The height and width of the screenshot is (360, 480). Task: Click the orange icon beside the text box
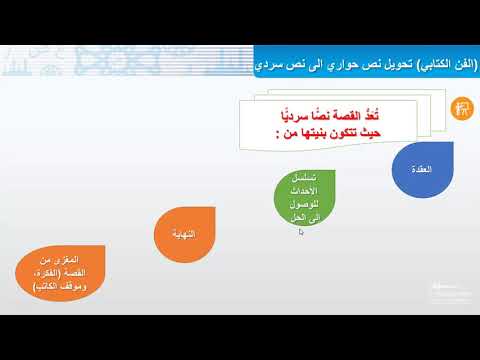click(461, 107)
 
